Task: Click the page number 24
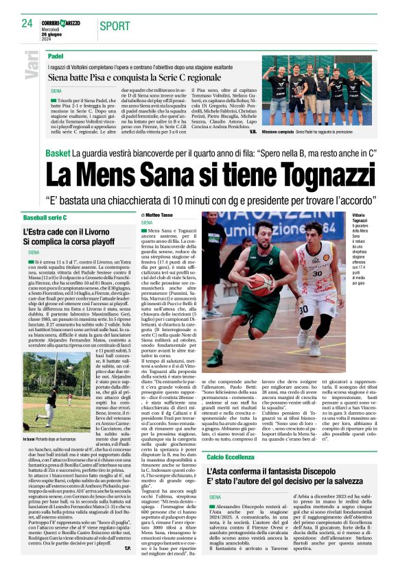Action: (x=27, y=23)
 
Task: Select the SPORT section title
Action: (x=114, y=26)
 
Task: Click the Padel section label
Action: (x=56, y=55)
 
